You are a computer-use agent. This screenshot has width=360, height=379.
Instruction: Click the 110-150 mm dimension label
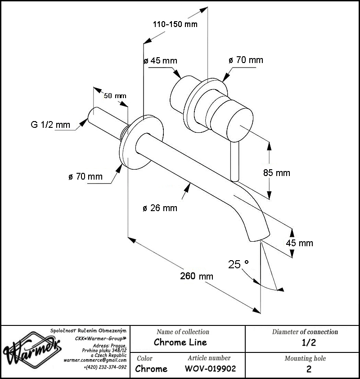(x=175, y=24)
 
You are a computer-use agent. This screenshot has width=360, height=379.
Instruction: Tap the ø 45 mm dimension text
(x=160, y=60)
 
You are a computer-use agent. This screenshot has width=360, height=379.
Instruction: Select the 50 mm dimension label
(x=115, y=96)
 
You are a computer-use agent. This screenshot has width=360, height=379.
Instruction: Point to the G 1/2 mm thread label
(x=50, y=125)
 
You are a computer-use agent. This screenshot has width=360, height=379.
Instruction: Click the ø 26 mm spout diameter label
(x=160, y=208)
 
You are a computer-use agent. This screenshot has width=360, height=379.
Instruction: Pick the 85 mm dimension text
(x=277, y=173)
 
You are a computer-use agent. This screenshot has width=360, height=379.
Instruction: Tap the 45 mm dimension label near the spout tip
(x=299, y=243)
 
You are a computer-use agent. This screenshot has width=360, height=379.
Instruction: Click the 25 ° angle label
(x=238, y=264)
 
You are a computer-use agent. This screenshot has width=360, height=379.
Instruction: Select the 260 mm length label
(x=197, y=276)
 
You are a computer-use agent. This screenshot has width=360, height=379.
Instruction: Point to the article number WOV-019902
(x=210, y=369)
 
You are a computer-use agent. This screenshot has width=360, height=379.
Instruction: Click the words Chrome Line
(x=180, y=342)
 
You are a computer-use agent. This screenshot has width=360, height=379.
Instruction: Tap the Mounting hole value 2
(x=309, y=369)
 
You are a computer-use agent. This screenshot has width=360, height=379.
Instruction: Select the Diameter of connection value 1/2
(x=309, y=343)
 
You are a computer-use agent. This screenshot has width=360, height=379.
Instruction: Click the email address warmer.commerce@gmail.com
(x=95, y=360)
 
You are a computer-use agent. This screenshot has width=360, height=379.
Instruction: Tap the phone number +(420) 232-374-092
(x=105, y=367)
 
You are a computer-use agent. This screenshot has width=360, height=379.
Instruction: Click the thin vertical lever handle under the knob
(x=234, y=162)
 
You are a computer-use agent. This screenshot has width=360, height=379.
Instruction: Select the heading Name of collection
(x=183, y=332)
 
